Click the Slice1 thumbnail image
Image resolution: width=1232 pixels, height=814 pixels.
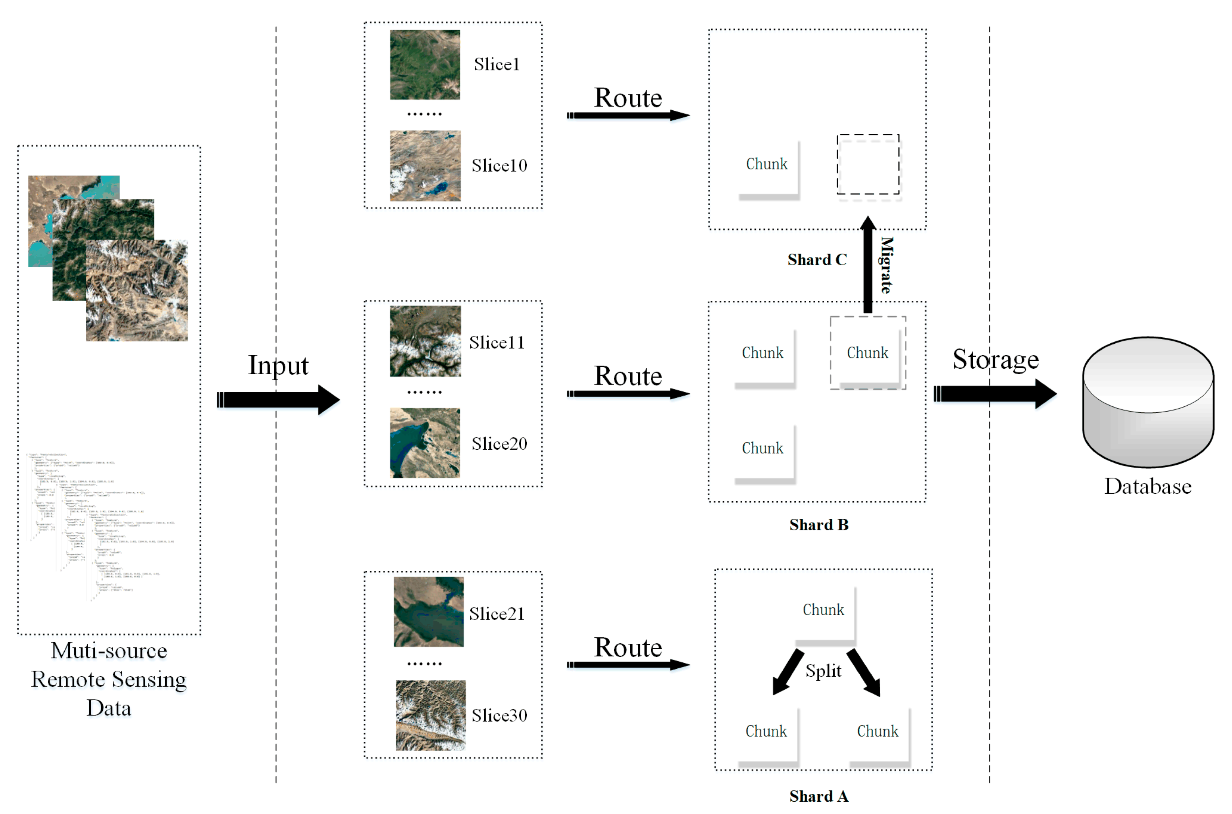(424, 64)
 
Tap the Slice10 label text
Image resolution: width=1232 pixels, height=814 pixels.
(499, 165)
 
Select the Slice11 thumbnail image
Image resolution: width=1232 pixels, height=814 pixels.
(425, 341)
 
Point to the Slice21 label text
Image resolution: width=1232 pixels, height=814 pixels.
(496, 614)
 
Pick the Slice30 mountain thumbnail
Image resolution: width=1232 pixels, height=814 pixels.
(430, 715)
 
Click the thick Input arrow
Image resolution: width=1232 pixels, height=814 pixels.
(278, 399)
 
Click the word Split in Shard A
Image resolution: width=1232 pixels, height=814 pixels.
(823, 670)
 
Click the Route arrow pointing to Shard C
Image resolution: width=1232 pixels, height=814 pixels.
(627, 115)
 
